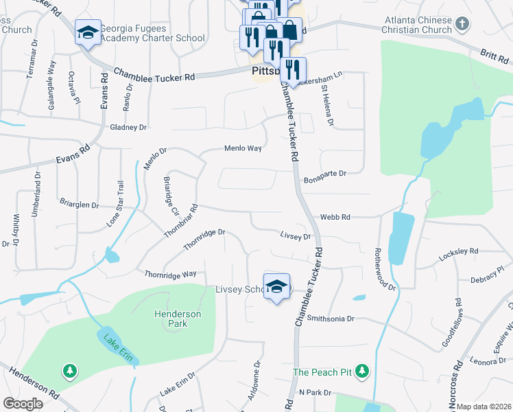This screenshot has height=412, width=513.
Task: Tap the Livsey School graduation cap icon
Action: [276, 287]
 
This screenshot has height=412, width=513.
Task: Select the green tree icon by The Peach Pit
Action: [363, 372]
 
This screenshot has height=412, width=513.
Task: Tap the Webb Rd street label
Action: [335, 217]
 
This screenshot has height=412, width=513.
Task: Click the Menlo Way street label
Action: [243, 148]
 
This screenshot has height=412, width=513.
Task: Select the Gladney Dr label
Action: [128, 127]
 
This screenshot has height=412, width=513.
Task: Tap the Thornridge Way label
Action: [170, 274]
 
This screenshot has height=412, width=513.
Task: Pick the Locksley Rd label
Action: [459, 252]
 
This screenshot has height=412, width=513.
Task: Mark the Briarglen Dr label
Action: [80, 205]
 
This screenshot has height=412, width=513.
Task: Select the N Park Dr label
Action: [315, 392]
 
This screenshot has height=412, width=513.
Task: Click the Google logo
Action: [23, 404]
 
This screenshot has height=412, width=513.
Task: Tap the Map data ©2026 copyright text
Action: [484, 407]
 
